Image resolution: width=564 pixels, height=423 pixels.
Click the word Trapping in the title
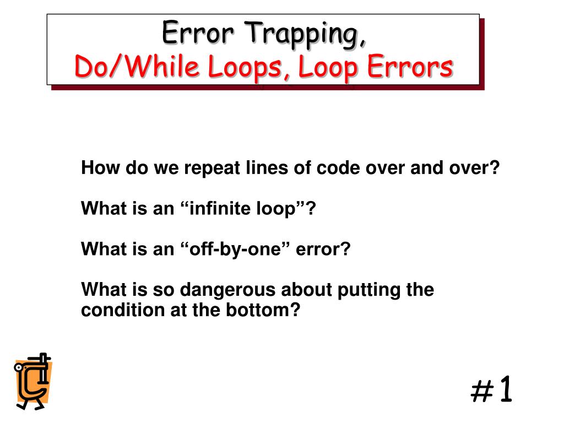305,34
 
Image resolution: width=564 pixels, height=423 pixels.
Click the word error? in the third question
323,250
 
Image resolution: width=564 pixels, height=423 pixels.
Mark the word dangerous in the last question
232,290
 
